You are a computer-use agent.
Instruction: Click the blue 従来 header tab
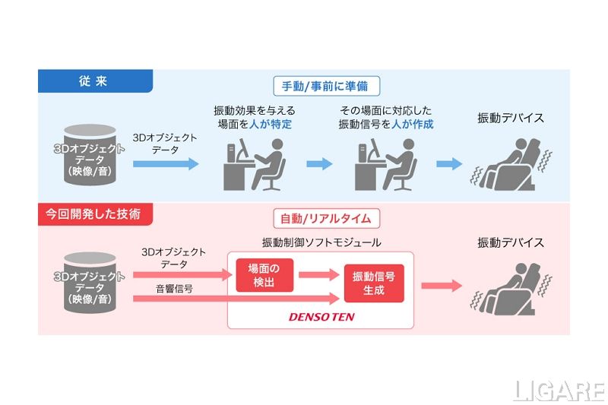coord(95,81)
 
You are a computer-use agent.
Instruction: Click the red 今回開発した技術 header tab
coord(95,214)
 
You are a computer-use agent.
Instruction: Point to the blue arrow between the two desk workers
coord(319,163)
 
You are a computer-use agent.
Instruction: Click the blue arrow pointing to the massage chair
coord(450,163)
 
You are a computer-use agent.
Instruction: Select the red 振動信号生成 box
coord(373,283)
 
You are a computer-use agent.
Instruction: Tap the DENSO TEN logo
coord(321,316)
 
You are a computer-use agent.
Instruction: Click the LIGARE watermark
coord(559,391)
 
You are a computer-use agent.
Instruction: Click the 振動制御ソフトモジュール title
coord(321,242)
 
